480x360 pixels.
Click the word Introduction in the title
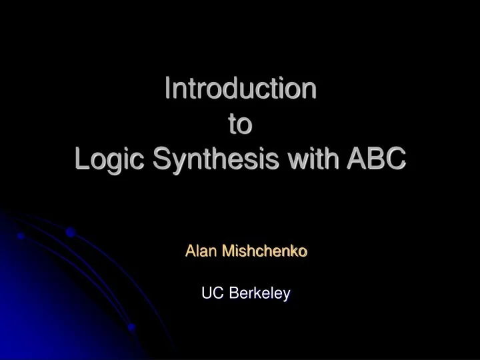(240, 89)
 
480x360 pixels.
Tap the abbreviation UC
(210, 293)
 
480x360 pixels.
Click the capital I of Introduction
(167, 89)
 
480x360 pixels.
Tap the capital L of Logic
(82, 159)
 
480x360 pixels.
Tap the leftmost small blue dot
(21, 237)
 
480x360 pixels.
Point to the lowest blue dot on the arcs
(132, 327)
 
